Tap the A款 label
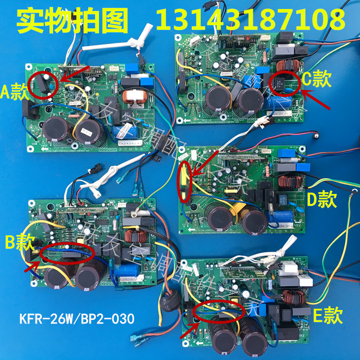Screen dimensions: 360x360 click(x=14, y=93)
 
